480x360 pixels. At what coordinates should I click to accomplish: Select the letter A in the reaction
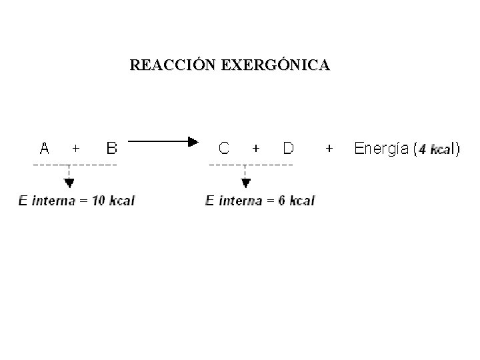45,147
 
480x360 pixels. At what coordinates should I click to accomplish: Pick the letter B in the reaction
111,147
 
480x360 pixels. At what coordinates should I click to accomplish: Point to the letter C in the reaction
224,147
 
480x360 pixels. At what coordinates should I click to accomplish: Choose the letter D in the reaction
288,147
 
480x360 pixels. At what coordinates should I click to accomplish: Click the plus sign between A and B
77,148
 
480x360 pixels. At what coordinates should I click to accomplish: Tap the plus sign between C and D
257,148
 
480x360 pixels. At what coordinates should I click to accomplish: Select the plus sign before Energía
329,148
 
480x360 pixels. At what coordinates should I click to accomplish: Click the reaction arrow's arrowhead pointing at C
193,141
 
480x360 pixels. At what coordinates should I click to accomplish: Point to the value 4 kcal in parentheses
434,149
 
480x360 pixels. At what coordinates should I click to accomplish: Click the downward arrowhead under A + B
69,184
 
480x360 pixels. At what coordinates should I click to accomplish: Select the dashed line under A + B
75,163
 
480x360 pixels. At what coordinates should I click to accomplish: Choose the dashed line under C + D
251,163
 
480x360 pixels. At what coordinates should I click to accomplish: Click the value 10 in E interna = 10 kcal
98,201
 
